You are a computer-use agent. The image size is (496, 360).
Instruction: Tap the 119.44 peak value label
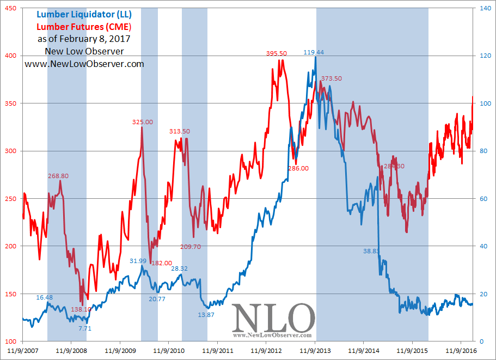click(x=314, y=53)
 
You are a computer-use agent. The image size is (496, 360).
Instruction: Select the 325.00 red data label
click(x=143, y=122)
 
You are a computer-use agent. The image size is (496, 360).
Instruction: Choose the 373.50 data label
click(x=332, y=78)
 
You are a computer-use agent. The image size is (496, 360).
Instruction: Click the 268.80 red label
click(x=58, y=176)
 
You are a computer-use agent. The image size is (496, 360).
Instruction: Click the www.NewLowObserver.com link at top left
click(x=84, y=64)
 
